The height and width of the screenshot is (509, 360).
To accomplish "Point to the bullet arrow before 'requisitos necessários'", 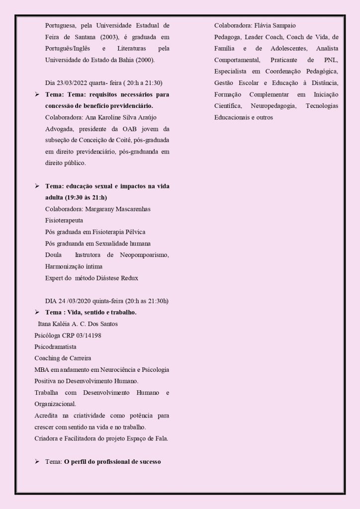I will pyautogui.click(x=37, y=94).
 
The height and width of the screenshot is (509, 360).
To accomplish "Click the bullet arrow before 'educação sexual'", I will pyautogui.click(x=37, y=186).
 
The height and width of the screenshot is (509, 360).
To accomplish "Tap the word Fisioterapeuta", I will pyautogui.click(x=64, y=220).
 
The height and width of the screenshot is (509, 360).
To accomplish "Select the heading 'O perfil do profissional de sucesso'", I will pyautogui.click(x=112, y=461).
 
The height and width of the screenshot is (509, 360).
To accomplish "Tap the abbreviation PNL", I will pyautogui.click(x=330, y=60).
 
